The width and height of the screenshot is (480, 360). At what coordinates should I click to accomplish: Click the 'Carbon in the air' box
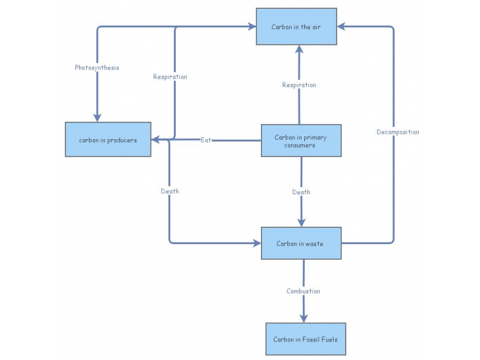point(296,26)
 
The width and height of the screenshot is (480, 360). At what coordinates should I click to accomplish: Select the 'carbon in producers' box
point(108,140)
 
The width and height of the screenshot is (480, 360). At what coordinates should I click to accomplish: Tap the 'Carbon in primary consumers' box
point(301,140)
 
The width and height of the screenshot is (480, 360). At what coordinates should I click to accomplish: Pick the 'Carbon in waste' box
point(301,243)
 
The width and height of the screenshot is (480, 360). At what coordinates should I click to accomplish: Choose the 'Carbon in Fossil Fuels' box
point(305,339)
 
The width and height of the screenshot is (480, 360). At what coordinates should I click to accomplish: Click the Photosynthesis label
point(97,67)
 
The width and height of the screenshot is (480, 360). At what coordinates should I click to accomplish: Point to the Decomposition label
point(398,131)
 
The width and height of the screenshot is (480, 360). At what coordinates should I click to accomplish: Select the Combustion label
point(303,291)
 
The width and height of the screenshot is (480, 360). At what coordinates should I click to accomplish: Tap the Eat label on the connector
point(206,140)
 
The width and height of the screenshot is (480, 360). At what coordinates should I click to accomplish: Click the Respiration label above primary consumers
point(299,85)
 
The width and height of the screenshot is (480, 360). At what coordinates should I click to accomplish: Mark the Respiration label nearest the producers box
point(170,76)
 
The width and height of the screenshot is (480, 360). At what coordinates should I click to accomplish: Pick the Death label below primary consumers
point(301,192)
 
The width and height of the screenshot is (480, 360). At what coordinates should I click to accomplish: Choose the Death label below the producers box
point(170,191)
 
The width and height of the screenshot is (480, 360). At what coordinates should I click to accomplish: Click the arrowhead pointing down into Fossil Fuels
point(304,317)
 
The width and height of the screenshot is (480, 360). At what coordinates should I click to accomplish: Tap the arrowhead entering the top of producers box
point(97,117)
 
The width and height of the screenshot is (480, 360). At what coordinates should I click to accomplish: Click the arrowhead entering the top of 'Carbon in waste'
point(301,221)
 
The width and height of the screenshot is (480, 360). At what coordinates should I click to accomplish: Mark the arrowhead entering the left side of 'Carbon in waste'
point(256,243)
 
